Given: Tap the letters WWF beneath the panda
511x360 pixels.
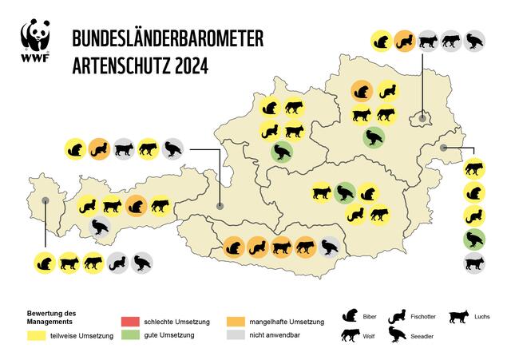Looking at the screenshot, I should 36,58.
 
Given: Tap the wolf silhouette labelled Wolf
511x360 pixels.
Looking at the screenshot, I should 350,336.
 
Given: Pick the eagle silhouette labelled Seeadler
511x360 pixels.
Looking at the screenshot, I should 396,336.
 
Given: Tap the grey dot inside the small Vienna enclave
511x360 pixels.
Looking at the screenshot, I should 421,119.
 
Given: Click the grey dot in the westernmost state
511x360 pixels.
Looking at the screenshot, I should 46,202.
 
